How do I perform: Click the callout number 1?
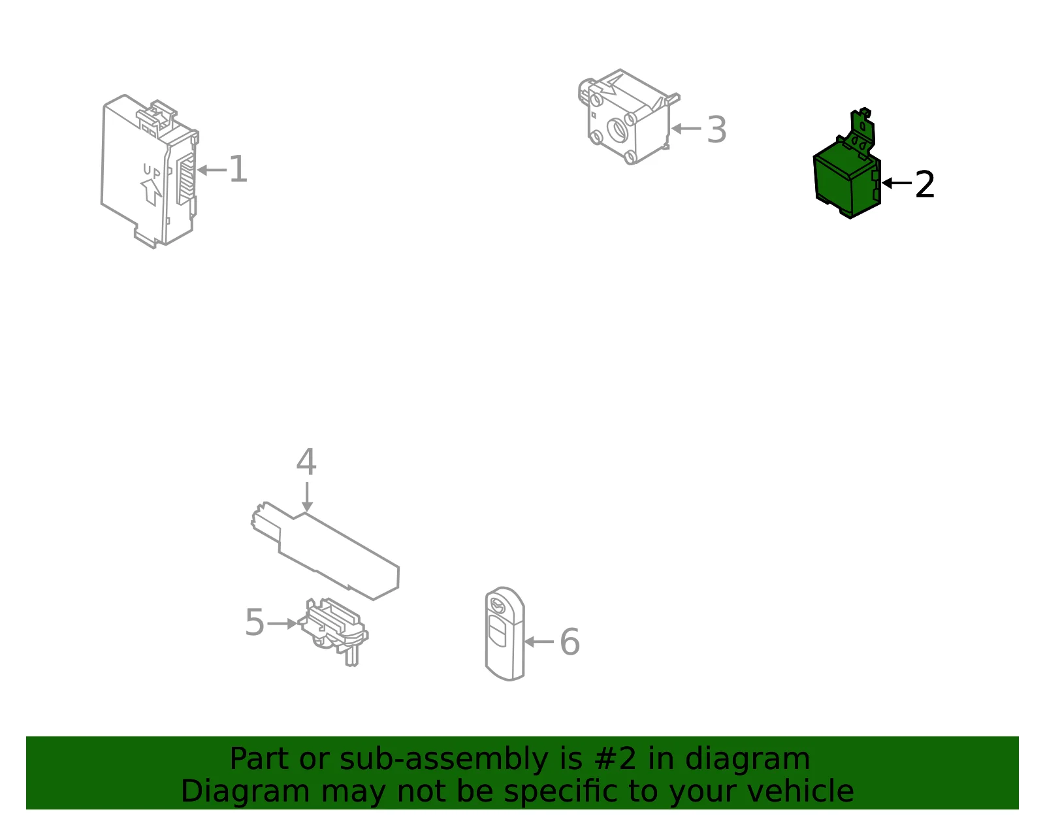pyautogui.click(x=238, y=169)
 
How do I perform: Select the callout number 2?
pyautogui.click(x=924, y=184)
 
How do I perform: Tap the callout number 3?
pyautogui.click(x=716, y=130)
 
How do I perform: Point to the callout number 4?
pyautogui.click(x=306, y=462)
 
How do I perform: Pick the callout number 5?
pyautogui.click(x=255, y=622)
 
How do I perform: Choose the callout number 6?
pyautogui.click(x=570, y=642)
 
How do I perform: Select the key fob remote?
pyautogui.click(x=504, y=634)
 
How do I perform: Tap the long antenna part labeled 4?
pyautogui.click(x=325, y=551)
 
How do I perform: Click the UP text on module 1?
pyautogui.click(x=152, y=170)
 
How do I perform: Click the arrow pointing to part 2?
pyautogui.click(x=897, y=183)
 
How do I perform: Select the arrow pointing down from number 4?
pyautogui.click(x=307, y=497)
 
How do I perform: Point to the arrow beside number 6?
pyautogui.click(x=539, y=642)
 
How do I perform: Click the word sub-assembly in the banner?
pyautogui.click(x=443, y=759)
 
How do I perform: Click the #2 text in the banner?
pyautogui.click(x=615, y=759)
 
